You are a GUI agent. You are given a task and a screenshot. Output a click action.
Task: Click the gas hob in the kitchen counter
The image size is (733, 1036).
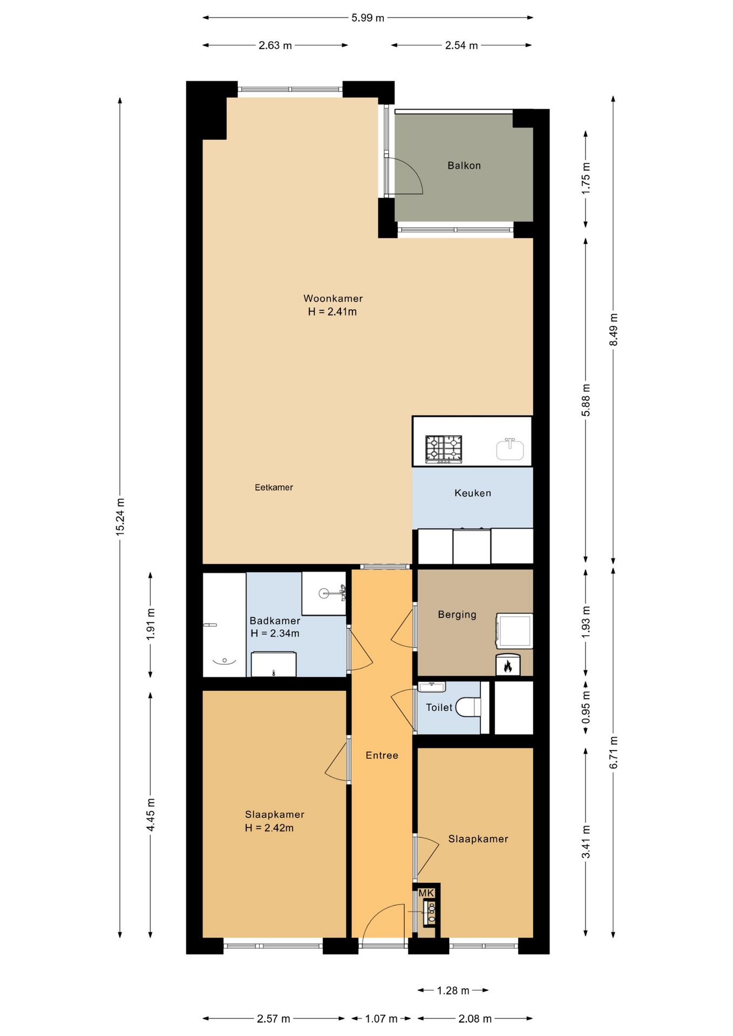tap(444, 449)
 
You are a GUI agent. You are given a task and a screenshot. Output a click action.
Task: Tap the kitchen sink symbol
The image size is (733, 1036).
tap(510, 449)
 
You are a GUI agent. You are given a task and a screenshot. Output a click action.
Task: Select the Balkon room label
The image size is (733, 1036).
tap(464, 166)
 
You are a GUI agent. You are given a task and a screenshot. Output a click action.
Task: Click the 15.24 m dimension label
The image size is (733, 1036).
tap(120, 517)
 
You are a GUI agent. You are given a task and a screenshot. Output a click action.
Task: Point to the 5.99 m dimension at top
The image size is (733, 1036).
tap(368, 18)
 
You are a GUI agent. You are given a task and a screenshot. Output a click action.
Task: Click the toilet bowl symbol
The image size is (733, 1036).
tap(468, 707)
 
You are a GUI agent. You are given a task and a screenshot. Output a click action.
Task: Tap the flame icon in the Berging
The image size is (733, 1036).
tap(507, 666)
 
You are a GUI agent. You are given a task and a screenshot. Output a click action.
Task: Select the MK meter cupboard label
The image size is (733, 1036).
tap(426, 894)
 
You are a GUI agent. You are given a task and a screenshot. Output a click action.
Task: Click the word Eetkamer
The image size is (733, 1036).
tap(274, 487)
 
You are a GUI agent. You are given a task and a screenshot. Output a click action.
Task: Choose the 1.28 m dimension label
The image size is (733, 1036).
tap(453, 990)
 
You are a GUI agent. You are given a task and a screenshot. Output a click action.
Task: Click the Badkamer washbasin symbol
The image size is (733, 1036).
tap(324, 593)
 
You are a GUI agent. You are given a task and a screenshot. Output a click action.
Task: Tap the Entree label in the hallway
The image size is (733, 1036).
tap(382, 755)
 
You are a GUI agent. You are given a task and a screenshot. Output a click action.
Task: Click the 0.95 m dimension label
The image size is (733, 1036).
tap(586, 707)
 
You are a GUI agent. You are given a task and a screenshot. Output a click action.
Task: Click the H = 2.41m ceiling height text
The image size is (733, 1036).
tap(332, 312)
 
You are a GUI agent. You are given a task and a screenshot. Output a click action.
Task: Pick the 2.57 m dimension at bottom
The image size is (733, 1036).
tap(273, 1019)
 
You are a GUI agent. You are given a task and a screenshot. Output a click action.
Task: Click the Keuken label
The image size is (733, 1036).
tap(472, 493)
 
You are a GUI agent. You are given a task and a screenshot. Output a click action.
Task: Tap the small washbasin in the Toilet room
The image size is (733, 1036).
tap(431, 687)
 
